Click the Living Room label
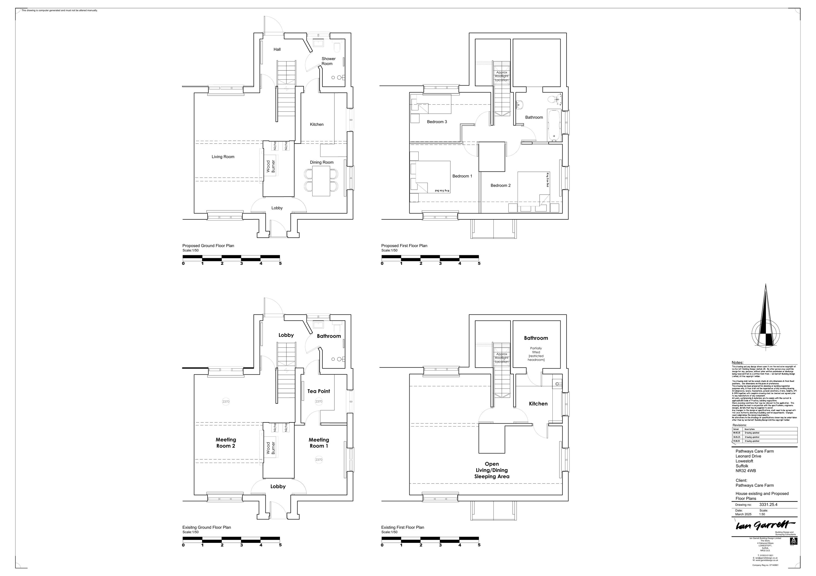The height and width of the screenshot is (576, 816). tap(223, 157)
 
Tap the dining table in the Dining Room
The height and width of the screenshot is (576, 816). tap(321, 181)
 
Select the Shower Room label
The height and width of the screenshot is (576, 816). tap(328, 61)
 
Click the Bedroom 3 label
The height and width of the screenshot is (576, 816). tap(437, 122)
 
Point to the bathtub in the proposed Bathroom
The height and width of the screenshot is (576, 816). tap(553, 125)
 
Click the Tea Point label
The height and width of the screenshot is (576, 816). tap(319, 391)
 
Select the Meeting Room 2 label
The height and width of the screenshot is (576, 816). tap(226, 443)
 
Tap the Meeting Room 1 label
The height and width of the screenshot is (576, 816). tap(319, 443)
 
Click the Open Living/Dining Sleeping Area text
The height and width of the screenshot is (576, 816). tap(492, 470)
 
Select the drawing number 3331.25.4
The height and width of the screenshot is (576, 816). tap(768, 504)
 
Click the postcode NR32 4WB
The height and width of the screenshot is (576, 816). tap(746, 471)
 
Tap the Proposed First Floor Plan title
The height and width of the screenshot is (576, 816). tap(404, 246)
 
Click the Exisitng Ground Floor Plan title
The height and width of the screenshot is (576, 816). tap(206, 527)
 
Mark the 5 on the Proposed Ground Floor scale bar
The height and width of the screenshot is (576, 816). tap(280, 263)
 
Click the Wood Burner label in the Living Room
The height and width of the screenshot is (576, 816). tap(271, 167)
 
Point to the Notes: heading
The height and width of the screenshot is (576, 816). tap(737, 363)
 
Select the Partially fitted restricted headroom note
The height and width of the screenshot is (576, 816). tap(536, 354)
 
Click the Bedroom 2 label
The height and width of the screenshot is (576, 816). tap(500, 185)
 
